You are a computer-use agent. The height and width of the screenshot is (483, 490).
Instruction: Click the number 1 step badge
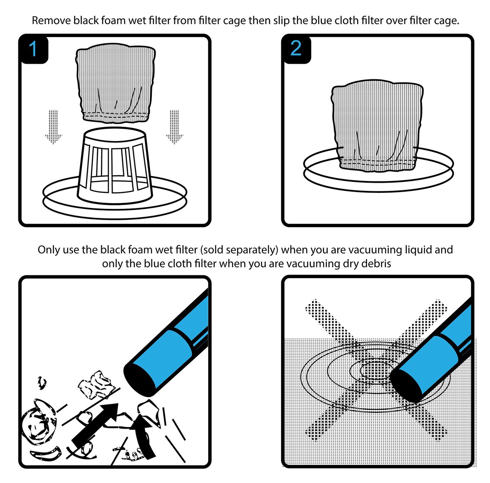pos(33,49)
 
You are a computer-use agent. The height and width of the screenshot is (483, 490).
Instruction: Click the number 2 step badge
pos(296,49)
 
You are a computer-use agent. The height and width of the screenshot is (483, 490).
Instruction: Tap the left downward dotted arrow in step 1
pos(53,127)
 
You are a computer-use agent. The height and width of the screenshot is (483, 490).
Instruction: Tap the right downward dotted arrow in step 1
pos(174,127)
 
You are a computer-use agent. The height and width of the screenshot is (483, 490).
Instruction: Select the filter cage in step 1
pos(115,165)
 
